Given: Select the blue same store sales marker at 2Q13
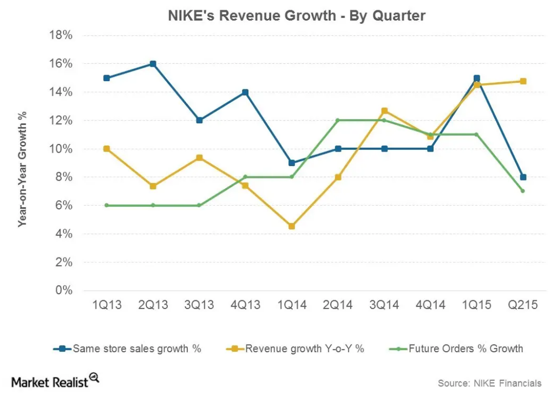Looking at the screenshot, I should pyautogui.click(x=153, y=64).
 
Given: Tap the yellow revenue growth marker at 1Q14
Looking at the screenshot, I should pyautogui.click(x=292, y=226).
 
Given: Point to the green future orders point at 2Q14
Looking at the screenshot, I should pyautogui.click(x=338, y=120).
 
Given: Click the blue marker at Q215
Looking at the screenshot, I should pyautogui.click(x=523, y=177).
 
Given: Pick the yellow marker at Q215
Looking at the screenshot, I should pyautogui.click(x=523, y=81).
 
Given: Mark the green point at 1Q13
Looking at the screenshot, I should pyautogui.click(x=107, y=206).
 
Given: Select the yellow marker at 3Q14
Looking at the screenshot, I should pyautogui.click(x=384, y=111).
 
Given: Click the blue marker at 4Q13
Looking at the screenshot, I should pyautogui.click(x=245, y=92).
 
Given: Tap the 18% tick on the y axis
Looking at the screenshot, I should pyautogui.click(x=61, y=36).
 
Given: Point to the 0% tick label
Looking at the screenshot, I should pyautogui.click(x=64, y=291).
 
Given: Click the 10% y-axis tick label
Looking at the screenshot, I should pyautogui.click(x=61, y=149).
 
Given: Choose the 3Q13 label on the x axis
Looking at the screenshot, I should pyautogui.click(x=199, y=306).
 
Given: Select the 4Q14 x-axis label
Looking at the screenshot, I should pyautogui.click(x=430, y=306).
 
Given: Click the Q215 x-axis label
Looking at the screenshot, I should pyautogui.click(x=522, y=306).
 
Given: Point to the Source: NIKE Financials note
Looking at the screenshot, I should pyautogui.click(x=489, y=383).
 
